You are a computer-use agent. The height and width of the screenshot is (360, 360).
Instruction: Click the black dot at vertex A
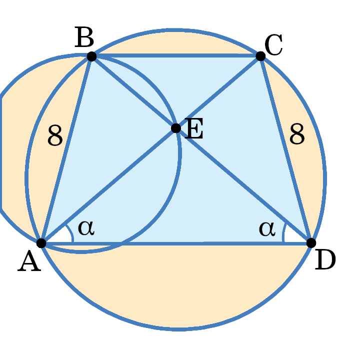click(41, 243)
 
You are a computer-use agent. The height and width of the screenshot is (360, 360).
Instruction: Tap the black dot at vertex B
click(91, 56)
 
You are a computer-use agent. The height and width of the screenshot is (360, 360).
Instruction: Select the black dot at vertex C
click(260, 55)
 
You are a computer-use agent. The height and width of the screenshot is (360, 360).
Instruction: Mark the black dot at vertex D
click(311, 243)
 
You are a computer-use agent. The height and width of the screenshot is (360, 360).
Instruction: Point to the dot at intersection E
click(176, 128)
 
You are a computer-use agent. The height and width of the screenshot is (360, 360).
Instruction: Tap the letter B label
click(85, 37)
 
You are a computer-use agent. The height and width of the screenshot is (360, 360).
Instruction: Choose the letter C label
click(273, 46)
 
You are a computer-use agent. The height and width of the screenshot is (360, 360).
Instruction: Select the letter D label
click(325, 261)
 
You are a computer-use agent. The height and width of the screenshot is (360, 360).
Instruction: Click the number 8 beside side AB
click(55, 136)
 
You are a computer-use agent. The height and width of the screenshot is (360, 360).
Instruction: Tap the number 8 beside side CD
click(297, 135)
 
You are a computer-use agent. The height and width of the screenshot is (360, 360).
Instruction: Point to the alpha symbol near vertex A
click(86, 228)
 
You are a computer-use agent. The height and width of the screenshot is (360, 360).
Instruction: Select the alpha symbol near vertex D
click(267, 228)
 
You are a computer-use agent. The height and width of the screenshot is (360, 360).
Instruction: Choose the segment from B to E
click(133, 92)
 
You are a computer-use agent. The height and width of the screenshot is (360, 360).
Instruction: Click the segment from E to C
click(218, 92)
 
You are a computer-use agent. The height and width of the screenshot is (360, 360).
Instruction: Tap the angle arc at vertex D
click(283, 233)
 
